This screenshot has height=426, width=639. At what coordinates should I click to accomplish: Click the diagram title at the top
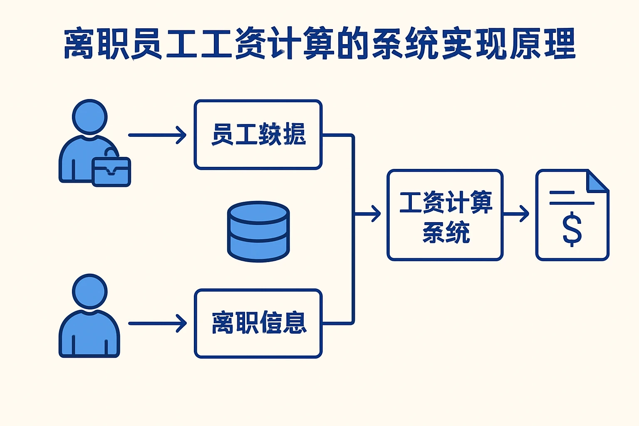319,43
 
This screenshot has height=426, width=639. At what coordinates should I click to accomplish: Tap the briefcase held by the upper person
111,171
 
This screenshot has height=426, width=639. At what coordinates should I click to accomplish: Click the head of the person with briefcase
90,117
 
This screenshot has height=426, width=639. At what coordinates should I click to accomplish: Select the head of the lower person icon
90,291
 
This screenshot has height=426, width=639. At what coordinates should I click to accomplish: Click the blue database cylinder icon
258,231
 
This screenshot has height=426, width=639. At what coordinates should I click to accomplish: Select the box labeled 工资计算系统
445,215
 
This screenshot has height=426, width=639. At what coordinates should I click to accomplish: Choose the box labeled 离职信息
258,323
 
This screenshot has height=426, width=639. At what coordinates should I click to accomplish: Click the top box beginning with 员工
258,134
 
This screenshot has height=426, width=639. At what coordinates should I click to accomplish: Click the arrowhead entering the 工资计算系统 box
375,214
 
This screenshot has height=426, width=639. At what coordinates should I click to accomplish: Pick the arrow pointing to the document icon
517,214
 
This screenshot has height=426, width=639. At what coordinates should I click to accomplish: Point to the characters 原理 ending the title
542,43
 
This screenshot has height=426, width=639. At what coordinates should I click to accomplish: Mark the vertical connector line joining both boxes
353,229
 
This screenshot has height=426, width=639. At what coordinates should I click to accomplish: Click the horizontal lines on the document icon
571,198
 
